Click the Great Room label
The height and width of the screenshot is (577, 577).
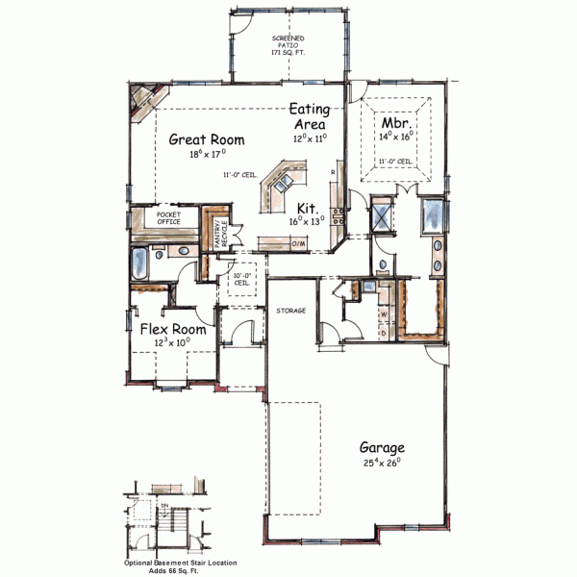[207, 139]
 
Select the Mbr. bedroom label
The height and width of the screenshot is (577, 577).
[397, 124]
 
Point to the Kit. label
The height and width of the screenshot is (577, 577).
[308, 208]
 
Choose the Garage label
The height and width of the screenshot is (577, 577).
[382, 447]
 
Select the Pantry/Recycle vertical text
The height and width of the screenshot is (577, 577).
[220, 236]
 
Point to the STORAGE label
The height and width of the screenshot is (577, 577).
[291, 311]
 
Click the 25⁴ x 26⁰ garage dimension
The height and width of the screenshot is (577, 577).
[382, 464]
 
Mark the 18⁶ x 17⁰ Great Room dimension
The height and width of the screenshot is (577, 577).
[207, 154]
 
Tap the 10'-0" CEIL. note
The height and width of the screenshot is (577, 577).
[242, 280]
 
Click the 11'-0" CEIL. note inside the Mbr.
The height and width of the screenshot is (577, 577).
[395, 162]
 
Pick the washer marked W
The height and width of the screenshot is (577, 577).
[383, 314]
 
